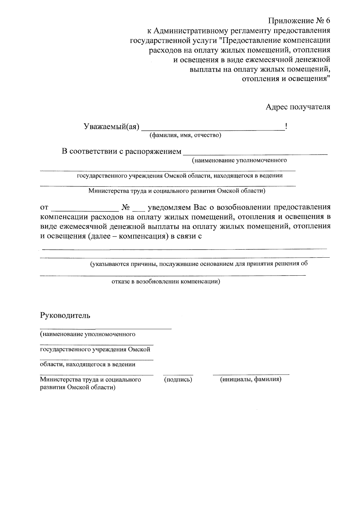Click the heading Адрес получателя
coord(298,107)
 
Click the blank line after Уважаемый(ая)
coord(213,128)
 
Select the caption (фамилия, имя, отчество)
coord(185,135)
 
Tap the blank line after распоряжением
coord(255,153)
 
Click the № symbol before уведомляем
coord(126,207)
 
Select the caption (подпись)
coord(178,380)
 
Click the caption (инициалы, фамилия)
coord(250,379)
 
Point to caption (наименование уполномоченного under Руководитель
coord(88,334)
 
